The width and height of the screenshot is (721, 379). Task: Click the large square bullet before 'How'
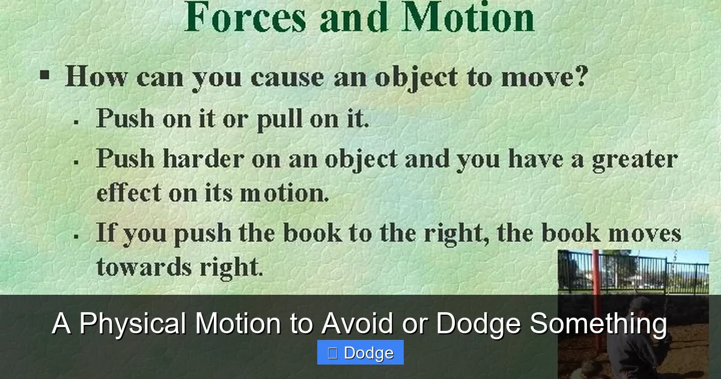coord(44,76)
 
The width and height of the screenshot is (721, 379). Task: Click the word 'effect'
coord(129,193)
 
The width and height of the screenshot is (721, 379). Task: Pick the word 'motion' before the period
coord(283,194)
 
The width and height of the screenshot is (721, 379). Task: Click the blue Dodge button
coord(360,353)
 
